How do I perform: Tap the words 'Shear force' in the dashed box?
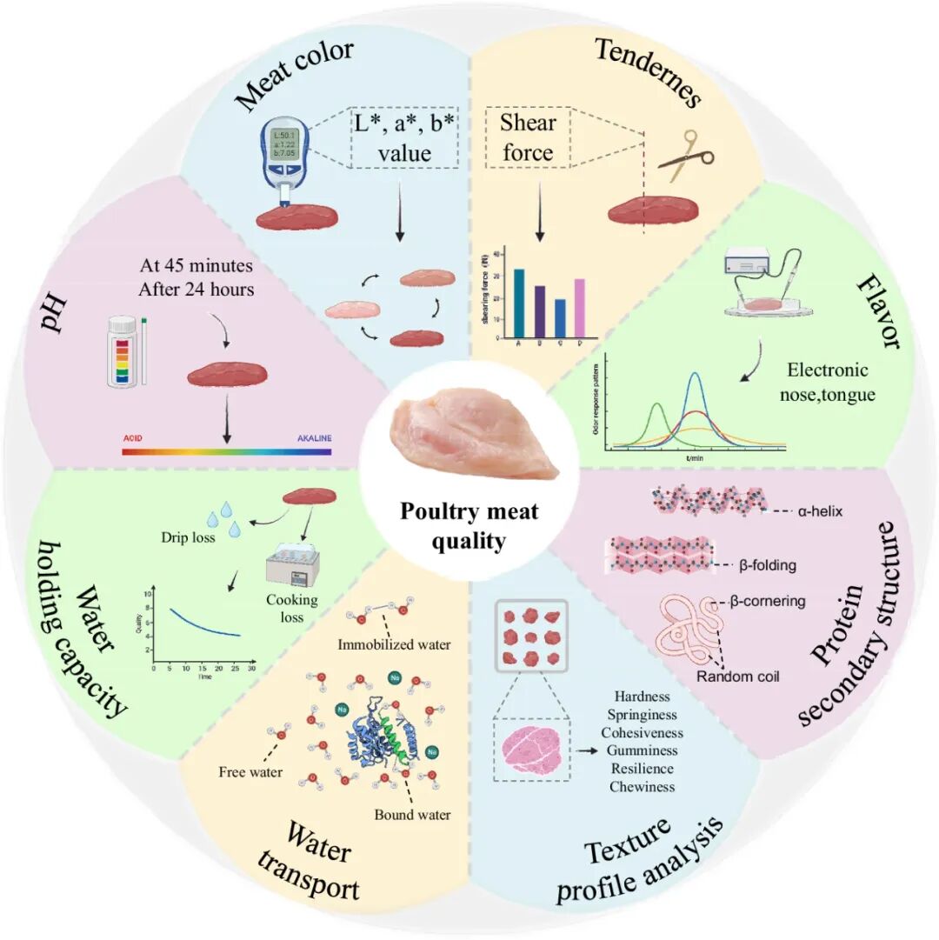527,137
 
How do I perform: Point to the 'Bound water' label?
413,815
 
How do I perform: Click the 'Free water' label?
250,771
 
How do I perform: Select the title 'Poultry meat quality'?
469,525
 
